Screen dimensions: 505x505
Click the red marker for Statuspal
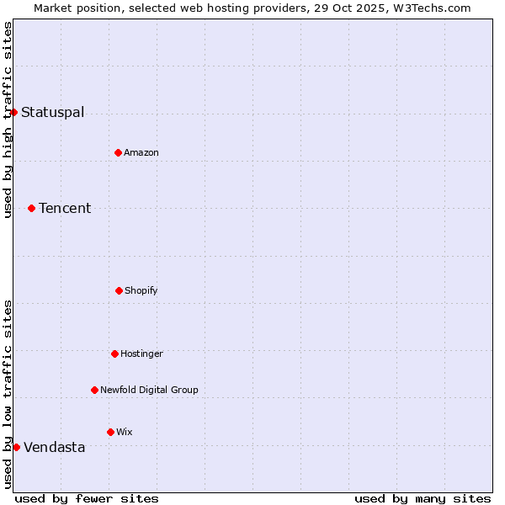(x=13, y=112)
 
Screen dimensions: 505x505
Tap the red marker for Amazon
(x=118, y=152)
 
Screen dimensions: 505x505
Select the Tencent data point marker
(x=31, y=208)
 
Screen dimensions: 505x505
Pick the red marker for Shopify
(x=119, y=290)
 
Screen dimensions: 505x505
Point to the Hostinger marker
(x=114, y=353)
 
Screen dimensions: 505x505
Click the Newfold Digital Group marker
(x=94, y=390)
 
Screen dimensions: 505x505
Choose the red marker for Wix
(x=110, y=432)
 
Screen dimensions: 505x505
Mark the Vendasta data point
(x=16, y=447)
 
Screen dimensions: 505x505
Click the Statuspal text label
(x=52, y=113)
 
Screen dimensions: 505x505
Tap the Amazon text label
(x=141, y=152)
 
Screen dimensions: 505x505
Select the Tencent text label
(x=65, y=209)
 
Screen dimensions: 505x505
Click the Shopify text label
(x=141, y=290)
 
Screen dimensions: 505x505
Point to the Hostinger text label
(x=141, y=353)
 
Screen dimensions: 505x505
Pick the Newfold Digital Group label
(x=149, y=390)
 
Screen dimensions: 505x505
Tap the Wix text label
(x=125, y=432)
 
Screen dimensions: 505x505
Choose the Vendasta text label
(x=54, y=448)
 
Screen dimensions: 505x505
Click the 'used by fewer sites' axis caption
(x=87, y=498)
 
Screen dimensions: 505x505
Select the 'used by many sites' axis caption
(x=423, y=498)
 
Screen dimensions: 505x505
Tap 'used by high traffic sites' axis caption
(x=8, y=120)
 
